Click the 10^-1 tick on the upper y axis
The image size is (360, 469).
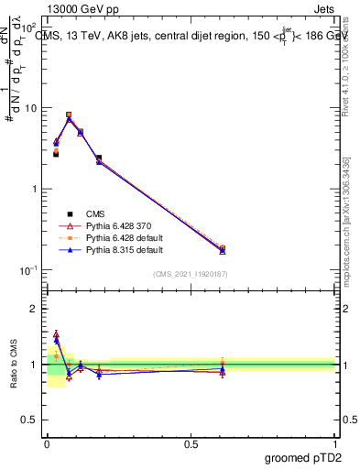tap(29, 270)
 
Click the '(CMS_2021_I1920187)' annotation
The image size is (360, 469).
tap(191, 273)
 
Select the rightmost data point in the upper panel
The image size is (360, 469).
tap(223, 249)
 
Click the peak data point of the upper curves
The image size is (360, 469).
tap(69, 116)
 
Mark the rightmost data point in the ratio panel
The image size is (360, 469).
tap(223, 370)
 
